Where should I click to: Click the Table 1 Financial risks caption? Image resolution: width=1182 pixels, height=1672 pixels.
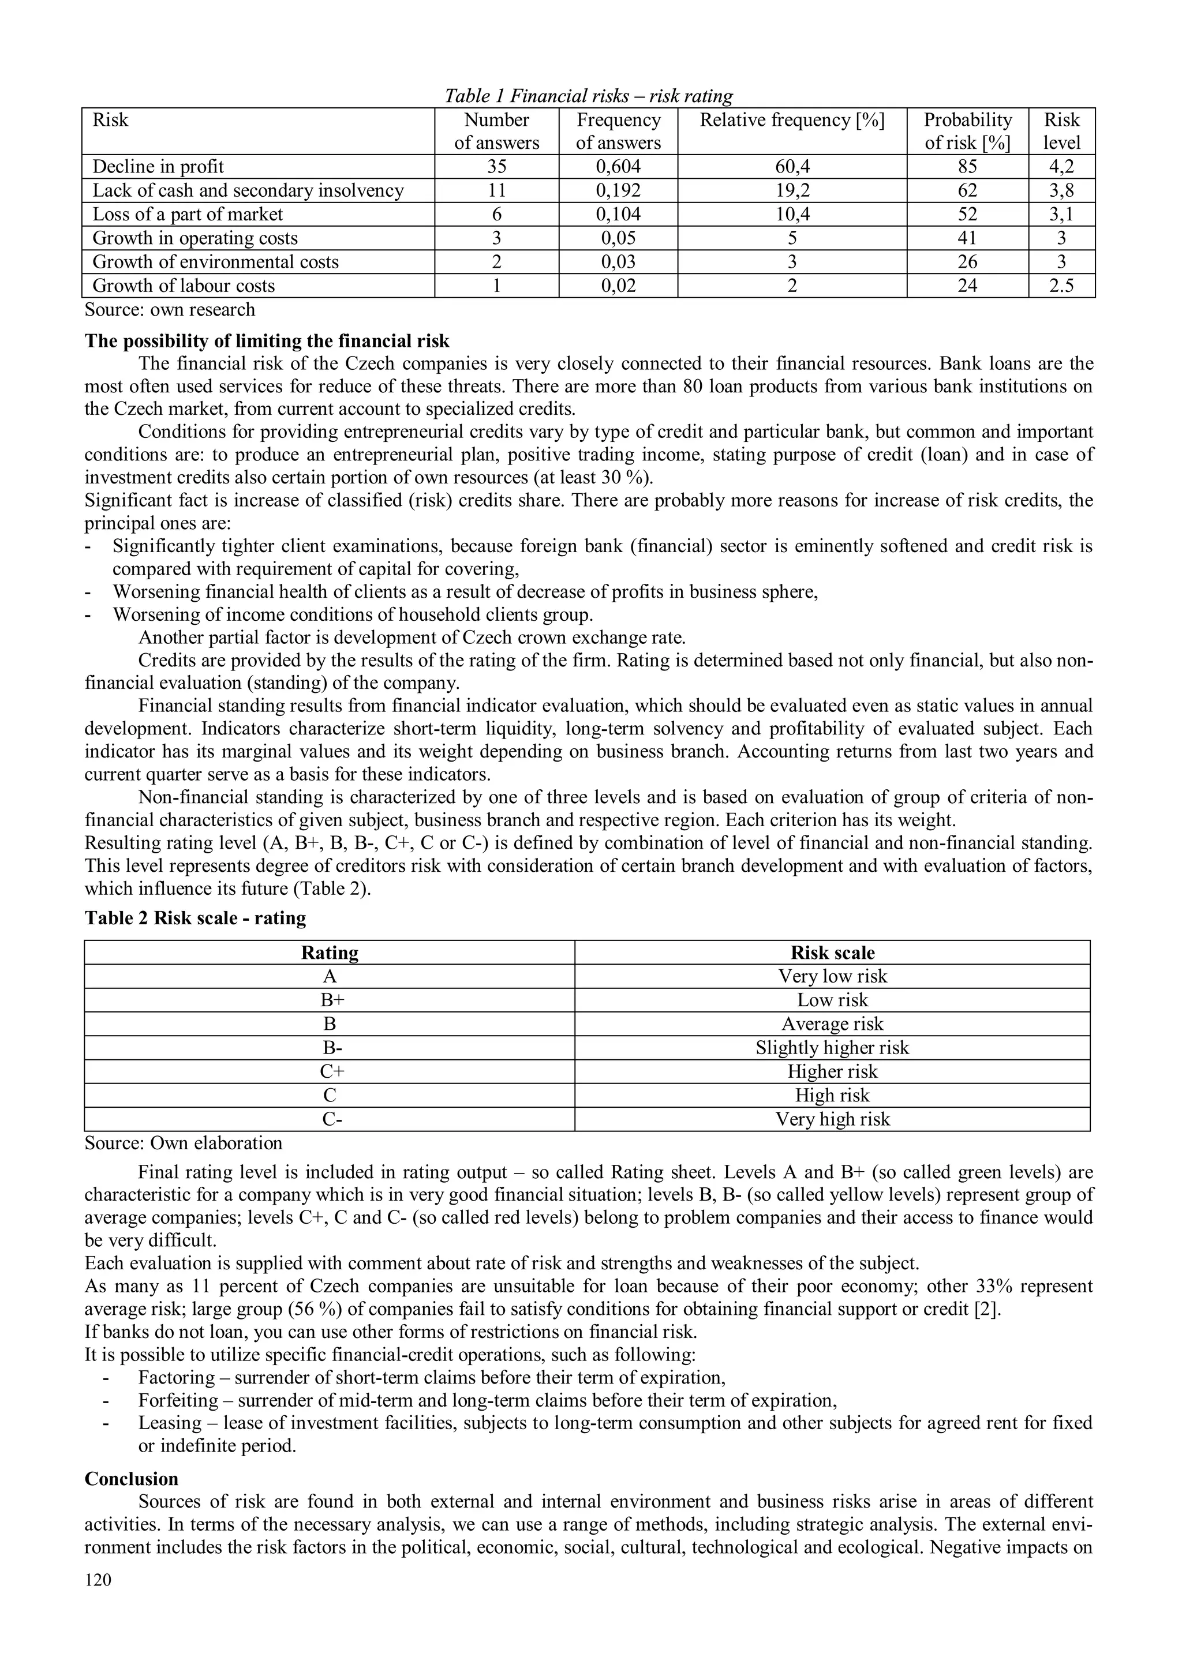coord(589,95)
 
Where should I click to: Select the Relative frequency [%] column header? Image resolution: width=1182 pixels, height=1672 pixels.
coord(792,120)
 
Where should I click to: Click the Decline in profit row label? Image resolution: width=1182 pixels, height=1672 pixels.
coord(158,167)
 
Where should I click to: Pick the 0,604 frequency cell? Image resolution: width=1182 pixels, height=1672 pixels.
coord(618,167)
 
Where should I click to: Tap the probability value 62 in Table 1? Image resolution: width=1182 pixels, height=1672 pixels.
coord(967,191)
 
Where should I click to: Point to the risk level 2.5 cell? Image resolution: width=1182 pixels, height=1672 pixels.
coord(1061,286)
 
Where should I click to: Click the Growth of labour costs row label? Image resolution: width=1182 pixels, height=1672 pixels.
coord(184,286)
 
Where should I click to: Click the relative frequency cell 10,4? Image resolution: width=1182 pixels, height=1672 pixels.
coord(792,214)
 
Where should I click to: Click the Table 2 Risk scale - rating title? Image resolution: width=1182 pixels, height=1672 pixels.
coord(195,917)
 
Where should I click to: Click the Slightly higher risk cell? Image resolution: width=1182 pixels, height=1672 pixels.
coord(832,1047)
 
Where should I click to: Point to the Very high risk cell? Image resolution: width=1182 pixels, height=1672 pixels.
coord(832,1119)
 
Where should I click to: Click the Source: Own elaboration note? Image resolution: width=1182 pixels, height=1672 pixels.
coord(184,1142)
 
